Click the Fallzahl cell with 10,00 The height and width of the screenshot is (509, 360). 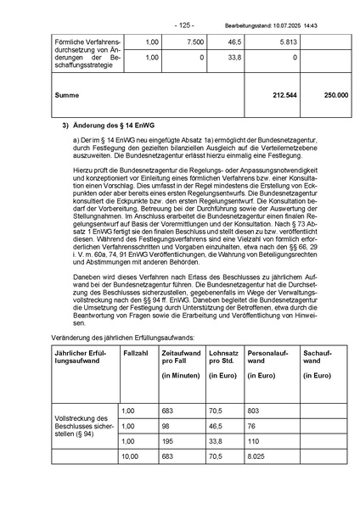pos(130,456)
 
